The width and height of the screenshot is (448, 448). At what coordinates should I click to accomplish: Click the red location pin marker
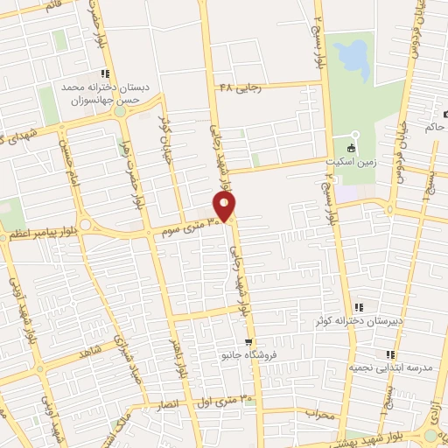[225, 206]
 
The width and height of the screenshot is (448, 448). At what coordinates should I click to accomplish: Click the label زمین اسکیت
[354, 162]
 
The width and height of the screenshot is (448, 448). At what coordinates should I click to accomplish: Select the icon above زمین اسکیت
[354, 147]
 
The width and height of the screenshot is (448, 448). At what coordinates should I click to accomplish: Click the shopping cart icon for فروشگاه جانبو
[249, 342]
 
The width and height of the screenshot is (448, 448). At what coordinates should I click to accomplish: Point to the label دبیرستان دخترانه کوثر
[360, 320]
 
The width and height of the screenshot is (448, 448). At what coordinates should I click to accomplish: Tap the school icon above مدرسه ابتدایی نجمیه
[390, 354]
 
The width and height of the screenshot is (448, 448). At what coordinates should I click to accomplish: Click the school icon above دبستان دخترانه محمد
[105, 73]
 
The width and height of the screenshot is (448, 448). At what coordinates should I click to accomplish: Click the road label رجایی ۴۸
[240, 88]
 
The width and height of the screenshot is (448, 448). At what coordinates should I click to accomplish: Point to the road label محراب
[321, 414]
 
